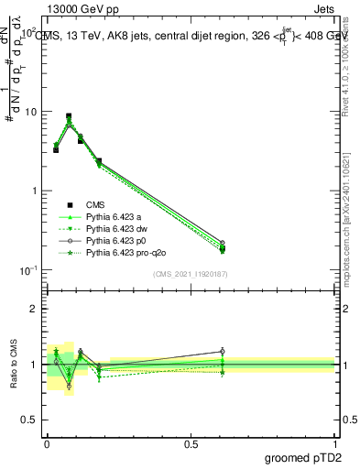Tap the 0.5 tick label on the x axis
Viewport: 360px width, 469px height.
click(191, 443)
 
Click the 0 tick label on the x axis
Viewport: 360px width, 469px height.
click(47, 443)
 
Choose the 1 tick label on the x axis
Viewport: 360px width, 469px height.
click(335, 443)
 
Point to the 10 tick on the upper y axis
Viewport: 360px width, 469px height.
click(33, 112)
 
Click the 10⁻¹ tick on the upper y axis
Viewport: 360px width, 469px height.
click(30, 269)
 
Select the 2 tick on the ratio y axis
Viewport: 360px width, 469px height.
click(37, 309)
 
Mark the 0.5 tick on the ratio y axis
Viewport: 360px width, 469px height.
click(33, 419)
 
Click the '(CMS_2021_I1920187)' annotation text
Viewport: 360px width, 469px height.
click(191, 274)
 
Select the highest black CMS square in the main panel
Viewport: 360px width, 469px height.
click(69, 116)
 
